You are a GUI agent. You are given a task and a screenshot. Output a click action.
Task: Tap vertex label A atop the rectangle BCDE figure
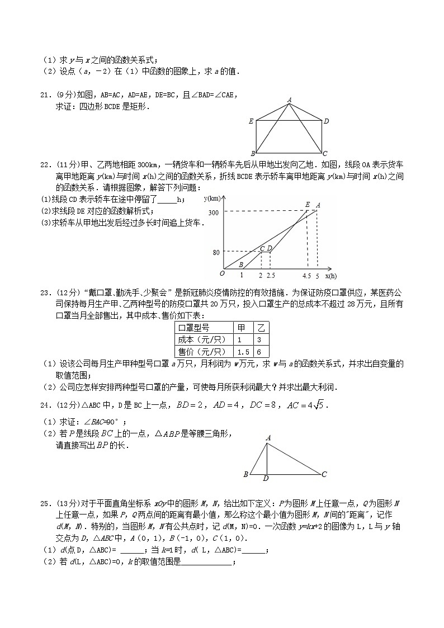[x=289, y=100]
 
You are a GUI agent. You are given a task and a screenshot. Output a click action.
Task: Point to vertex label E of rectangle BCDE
[x=251, y=121]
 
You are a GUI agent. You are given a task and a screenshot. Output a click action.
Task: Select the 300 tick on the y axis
[x=213, y=213]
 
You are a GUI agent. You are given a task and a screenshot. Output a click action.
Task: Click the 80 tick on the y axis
[x=216, y=252]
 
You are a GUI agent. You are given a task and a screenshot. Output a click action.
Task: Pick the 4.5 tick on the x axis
[x=306, y=276]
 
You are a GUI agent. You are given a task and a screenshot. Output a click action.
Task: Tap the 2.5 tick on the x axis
[x=271, y=276]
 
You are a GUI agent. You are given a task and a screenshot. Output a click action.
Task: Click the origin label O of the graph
[x=222, y=273]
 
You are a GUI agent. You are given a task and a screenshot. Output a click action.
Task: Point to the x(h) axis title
[x=330, y=276]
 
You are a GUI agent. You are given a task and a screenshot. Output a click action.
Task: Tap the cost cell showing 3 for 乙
[x=259, y=340]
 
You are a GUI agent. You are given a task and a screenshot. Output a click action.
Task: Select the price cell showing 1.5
[x=242, y=352]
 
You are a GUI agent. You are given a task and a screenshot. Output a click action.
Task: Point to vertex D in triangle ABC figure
[x=266, y=479]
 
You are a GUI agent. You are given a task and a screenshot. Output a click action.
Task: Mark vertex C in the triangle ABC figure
[x=324, y=474]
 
